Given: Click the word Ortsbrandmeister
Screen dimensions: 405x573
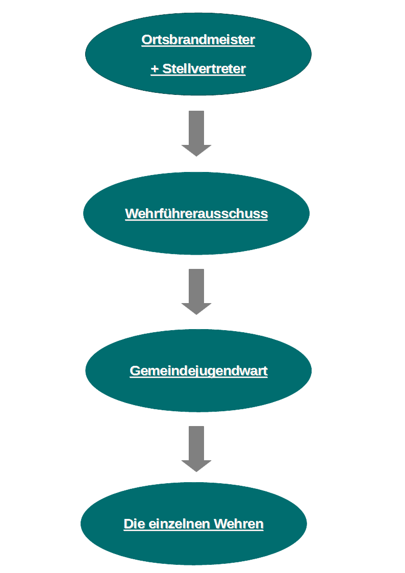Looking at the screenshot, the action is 198,39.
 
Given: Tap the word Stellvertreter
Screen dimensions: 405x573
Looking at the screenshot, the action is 204,69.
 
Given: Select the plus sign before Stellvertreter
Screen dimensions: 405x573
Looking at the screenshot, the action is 155,69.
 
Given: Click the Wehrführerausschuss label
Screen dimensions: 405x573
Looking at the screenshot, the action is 196,213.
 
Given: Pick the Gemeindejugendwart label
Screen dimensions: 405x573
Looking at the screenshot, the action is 198,371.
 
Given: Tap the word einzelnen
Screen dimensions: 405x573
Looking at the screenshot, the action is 180,524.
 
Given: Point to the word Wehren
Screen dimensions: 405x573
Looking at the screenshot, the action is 239,524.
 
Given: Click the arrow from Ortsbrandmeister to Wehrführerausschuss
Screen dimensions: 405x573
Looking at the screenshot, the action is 196,133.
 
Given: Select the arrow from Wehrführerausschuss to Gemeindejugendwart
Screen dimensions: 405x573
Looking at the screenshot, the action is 196,292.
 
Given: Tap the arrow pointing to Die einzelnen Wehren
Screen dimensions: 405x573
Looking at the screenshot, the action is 196,449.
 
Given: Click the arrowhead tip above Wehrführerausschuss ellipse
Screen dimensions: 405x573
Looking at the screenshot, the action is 196,157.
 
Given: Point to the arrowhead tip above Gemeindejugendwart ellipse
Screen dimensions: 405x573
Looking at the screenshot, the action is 196,315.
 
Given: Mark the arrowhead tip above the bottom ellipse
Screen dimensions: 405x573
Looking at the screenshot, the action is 196,472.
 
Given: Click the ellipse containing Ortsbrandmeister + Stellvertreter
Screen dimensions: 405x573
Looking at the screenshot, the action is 198,54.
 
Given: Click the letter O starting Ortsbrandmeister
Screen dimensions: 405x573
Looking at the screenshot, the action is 146,40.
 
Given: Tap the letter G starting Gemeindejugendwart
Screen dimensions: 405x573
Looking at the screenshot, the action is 135,371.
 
